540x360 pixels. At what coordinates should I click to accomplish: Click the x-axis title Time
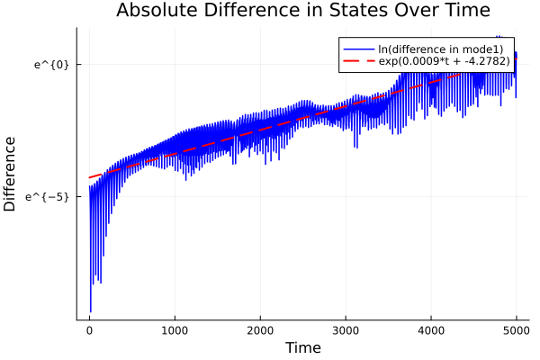click(302, 348)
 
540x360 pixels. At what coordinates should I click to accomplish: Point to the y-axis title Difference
click(11, 174)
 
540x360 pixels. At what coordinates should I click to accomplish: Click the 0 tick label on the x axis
click(89, 330)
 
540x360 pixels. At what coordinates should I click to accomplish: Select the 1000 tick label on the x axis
click(175, 330)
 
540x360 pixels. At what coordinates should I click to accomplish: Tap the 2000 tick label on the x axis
click(260, 330)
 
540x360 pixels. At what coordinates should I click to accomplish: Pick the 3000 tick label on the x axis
click(346, 330)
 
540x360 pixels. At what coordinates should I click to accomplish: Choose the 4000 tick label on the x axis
click(431, 330)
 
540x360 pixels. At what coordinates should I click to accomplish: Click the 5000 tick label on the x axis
click(516, 330)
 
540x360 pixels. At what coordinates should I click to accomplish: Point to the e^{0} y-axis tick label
click(51, 64)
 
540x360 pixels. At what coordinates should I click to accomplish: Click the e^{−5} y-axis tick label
click(49, 196)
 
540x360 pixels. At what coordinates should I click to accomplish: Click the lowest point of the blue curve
click(91, 311)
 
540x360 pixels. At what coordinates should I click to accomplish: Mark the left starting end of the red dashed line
click(89, 177)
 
